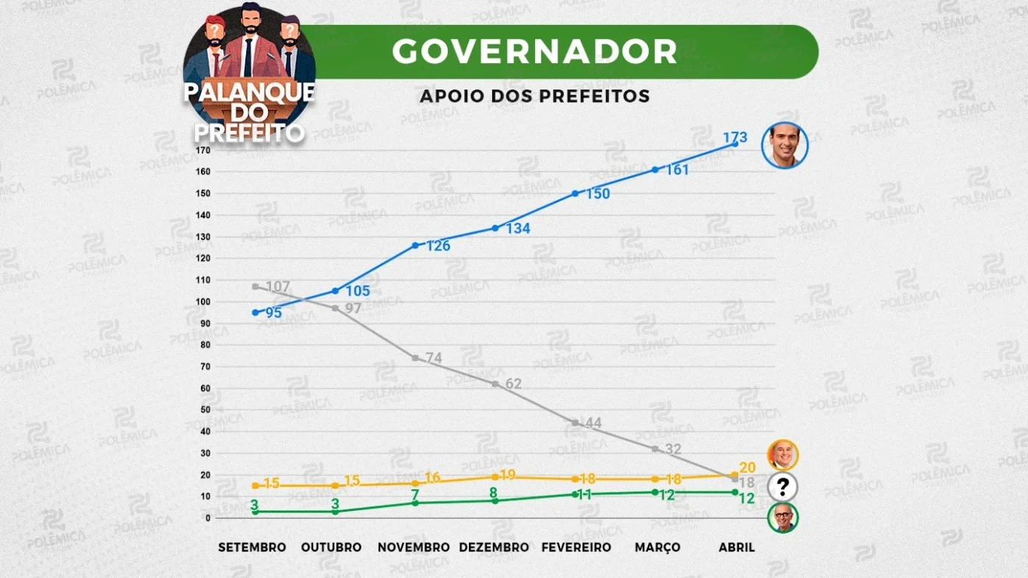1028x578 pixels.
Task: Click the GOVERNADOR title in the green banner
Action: tap(534, 51)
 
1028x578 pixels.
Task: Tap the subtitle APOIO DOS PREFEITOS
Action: tap(534, 96)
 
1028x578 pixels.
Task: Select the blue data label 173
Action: tap(735, 138)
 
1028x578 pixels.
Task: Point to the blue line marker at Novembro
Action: tap(416, 245)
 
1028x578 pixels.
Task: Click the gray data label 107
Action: tap(277, 287)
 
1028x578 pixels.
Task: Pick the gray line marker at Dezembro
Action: tap(495, 384)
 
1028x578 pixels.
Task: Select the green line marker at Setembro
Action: tap(255, 512)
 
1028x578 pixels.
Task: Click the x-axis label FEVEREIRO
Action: tap(576, 548)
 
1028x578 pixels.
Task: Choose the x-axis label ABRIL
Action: tap(736, 548)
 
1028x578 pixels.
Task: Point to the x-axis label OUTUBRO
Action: tap(332, 548)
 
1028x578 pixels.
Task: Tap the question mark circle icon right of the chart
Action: tap(783, 488)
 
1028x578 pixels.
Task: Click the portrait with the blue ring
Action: tap(785, 145)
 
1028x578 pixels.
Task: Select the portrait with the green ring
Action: tap(783, 518)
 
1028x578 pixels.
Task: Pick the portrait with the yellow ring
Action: tap(783, 454)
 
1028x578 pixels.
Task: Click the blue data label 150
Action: tap(597, 194)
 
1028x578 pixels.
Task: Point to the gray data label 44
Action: tap(593, 423)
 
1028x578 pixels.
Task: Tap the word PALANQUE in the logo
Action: tap(249, 92)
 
